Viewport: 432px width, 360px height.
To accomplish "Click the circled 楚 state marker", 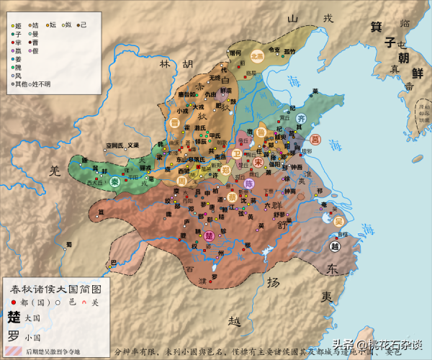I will tap(210, 235).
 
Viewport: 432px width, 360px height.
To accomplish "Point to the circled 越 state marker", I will tap(335, 246).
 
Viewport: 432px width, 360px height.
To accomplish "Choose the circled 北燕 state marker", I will tap(257, 57).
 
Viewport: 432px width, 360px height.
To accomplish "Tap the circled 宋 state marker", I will tap(258, 162).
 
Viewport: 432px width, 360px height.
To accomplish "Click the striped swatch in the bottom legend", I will tap(13, 350).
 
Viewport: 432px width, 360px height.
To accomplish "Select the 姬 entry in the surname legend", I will tap(17, 25).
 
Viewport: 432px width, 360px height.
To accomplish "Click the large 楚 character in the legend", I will tap(14, 316).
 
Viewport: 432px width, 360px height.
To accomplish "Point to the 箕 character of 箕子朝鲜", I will tap(375, 27).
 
